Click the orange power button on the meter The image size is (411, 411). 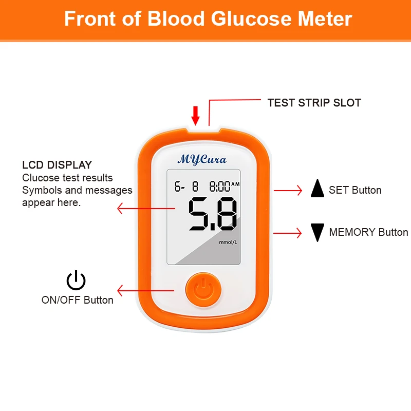(x=204, y=289)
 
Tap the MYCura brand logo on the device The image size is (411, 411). (x=201, y=159)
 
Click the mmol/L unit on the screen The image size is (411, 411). (x=228, y=242)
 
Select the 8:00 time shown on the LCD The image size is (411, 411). (x=220, y=186)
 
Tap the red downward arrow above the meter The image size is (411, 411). (x=195, y=115)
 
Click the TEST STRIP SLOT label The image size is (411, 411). (x=314, y=103)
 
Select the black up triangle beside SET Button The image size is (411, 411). (x=317, y=190)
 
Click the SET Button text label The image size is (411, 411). (x=355, y=190)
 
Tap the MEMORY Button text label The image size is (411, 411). (x=368, y=232)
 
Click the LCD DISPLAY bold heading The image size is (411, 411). (x=57, y=165)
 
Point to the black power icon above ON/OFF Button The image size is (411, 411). (x=76, y=281)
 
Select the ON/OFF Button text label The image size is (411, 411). (x=78, y=300)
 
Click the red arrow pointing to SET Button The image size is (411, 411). (x=288, y=191)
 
